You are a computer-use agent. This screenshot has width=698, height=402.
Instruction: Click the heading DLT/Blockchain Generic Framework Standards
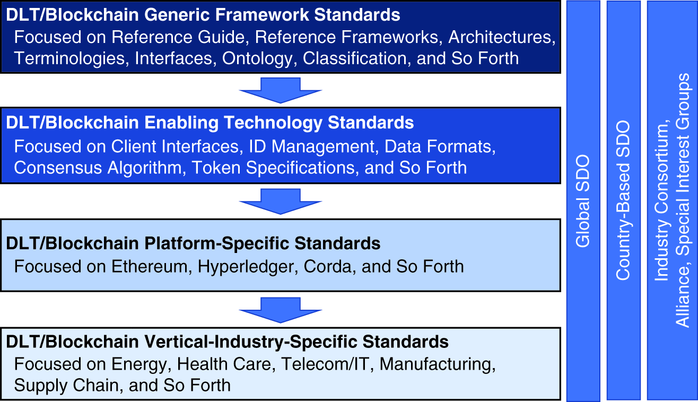click(x=203, y=15)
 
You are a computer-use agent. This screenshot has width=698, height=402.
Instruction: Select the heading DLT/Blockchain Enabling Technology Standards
click(x=210, y=123)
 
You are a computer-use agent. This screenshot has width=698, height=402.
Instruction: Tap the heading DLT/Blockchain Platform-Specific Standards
click(x=193, y=243)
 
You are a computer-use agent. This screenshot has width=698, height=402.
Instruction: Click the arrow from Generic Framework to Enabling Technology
click(x=281, y=90)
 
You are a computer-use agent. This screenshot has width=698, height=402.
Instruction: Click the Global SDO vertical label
click(x=583, y=201)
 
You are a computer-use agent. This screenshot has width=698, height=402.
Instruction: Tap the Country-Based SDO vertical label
click(x=623, y=201)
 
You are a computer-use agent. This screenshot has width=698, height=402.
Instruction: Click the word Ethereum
click(x=150, y=266)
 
